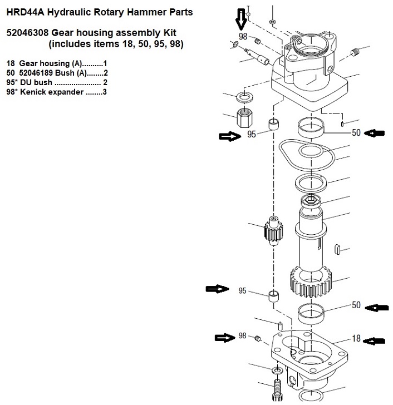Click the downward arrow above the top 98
(x=240, y=20)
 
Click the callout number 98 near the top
(x=242, y=37)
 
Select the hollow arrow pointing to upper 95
(x=229, y=135)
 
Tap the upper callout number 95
(x=252, y=134)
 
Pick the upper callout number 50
(x=357, y=133)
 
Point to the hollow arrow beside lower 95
(x=217, y=289)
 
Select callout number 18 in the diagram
(x=357, y=338)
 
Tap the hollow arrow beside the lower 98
(x=226, y=337)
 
